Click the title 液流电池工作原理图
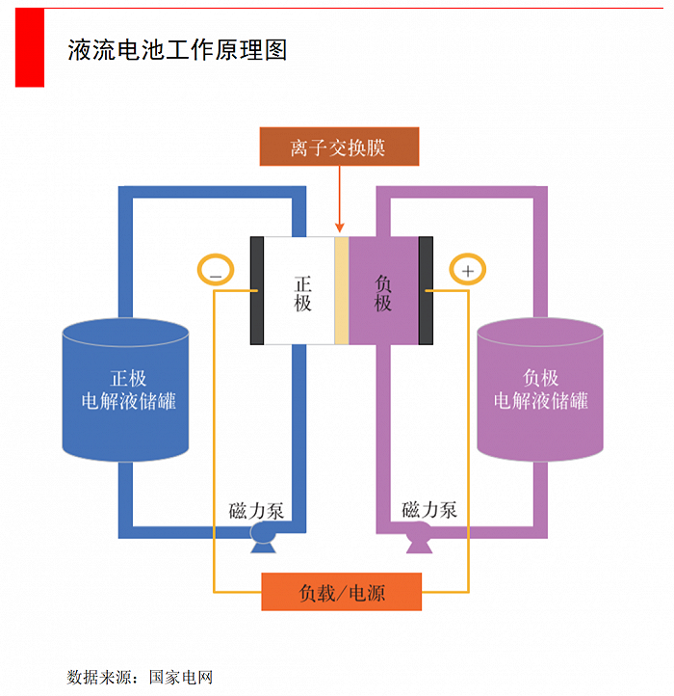[x=177, y=50]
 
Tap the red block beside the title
[x=30, y=48]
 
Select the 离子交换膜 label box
[x=339, y=147]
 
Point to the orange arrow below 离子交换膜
[x=339, y=198]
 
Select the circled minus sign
[x=215, y=272]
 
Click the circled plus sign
[x=468, y=271]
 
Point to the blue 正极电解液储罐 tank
[x=126, y=390]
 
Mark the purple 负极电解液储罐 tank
[x=540, y=390]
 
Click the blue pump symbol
[x=262, y=537]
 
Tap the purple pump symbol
[x=419, y=538]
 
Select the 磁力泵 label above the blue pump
[x=256, y=510]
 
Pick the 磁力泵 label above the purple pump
[x=428, y=510]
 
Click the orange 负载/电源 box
[x=341, y=591]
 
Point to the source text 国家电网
[x=180, y=677]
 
